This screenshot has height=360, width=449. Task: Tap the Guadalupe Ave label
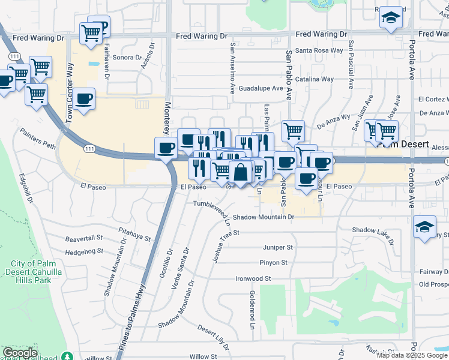pyautogui.click(x=261, y=88)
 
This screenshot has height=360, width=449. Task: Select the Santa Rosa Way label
pyautogui.click(x=319, y=50)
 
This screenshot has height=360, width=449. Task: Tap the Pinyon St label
pyautogui.click(x=274, y=263)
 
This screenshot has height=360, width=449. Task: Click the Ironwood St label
pyautogui.click(x=253, y=278)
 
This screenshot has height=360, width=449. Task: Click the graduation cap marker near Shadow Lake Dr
pyautogui.click(x=424, y=227)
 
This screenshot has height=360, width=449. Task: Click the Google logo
pyautogui.click(x=20, y=353)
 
